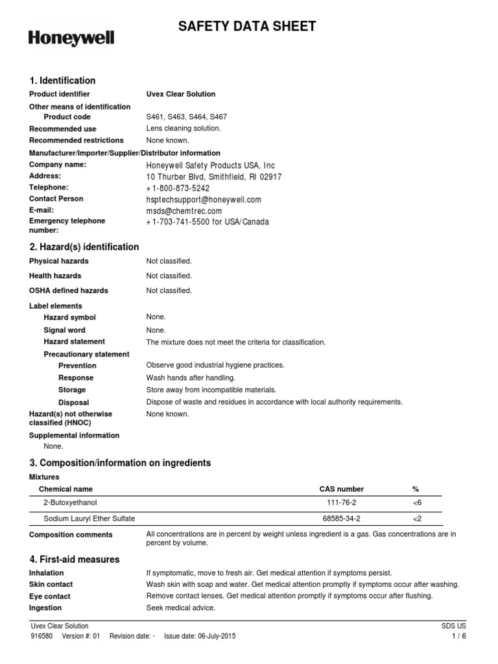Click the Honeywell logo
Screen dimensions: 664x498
click(71, 38)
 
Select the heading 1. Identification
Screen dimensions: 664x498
click(62, 80)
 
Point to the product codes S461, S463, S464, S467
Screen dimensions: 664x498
click(187, 117)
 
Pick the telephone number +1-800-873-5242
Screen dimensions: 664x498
click(178, 188)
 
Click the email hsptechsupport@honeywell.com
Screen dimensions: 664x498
click(204, 200)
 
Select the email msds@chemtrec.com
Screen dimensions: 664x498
click(184, 211)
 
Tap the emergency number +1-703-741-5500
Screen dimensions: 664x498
click(207, 222)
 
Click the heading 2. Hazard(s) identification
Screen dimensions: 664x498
click(84, 247)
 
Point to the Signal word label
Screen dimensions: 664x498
click(64, 330)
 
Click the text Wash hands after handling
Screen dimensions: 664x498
click(191, 377)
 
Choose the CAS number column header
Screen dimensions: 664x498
click(342, 489)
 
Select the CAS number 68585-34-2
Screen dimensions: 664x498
click(342, 519)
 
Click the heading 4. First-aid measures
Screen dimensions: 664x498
click(75, 559)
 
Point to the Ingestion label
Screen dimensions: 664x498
click(45, 608)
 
